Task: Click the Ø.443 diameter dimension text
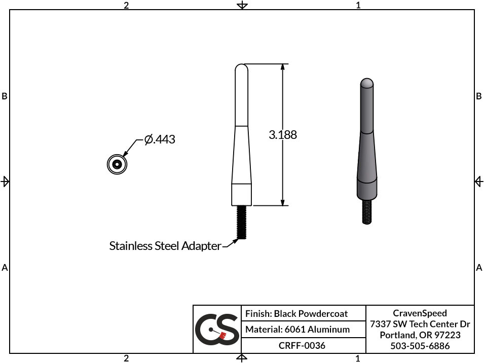160,139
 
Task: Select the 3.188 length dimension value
283,135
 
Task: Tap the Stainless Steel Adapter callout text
165,246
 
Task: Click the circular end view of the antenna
117,164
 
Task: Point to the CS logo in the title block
217,329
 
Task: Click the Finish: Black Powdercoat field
296,314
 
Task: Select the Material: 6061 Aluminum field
297,330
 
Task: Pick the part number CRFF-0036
302,345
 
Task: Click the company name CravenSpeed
420,313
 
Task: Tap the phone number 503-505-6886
420,346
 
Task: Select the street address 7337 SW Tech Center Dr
420,324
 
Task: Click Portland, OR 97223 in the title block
420,335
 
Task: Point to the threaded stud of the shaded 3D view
366,211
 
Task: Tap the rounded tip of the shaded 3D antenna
366,83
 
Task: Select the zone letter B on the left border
5,96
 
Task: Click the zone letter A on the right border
479,268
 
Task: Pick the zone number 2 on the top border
126,5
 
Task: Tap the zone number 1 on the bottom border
358,358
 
